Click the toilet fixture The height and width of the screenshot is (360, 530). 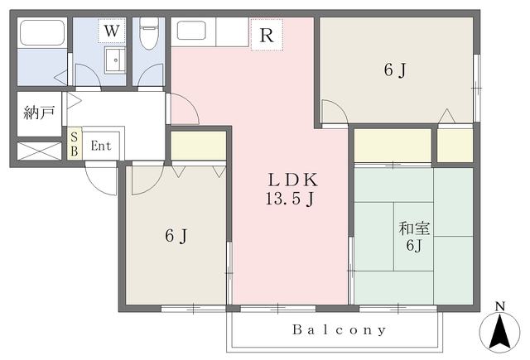[x=149, y=33]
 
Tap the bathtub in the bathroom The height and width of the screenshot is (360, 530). [x=42, y=33]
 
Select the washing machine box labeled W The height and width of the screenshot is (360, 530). [x=112, y=31]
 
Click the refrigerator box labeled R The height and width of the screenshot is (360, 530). [x=267, y=35]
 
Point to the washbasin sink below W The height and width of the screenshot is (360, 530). [x=115, y=60]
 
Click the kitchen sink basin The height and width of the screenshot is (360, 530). [x=191, y=31]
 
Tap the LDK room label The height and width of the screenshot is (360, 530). [x=293, y=180]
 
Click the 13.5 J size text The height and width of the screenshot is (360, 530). [x=290, y=199]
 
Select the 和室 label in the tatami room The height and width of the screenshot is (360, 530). [x=414, y=228]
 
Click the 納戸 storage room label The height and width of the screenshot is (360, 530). [x=39, y=113]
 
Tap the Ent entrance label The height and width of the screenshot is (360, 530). [x=101, y=146]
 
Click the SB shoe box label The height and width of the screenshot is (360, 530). [x=74, y=144]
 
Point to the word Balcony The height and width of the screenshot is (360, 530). [x=339, y=329]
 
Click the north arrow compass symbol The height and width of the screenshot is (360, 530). [x=500, y=328]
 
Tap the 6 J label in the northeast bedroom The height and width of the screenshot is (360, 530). [x=395, y=70]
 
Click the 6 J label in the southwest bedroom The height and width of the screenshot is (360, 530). [x=176, y=236]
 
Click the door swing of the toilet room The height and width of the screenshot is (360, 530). [x=151, y=75]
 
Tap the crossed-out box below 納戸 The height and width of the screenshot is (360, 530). [x=39, y=151]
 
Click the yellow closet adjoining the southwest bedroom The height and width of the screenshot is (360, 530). [x=199, y=146]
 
